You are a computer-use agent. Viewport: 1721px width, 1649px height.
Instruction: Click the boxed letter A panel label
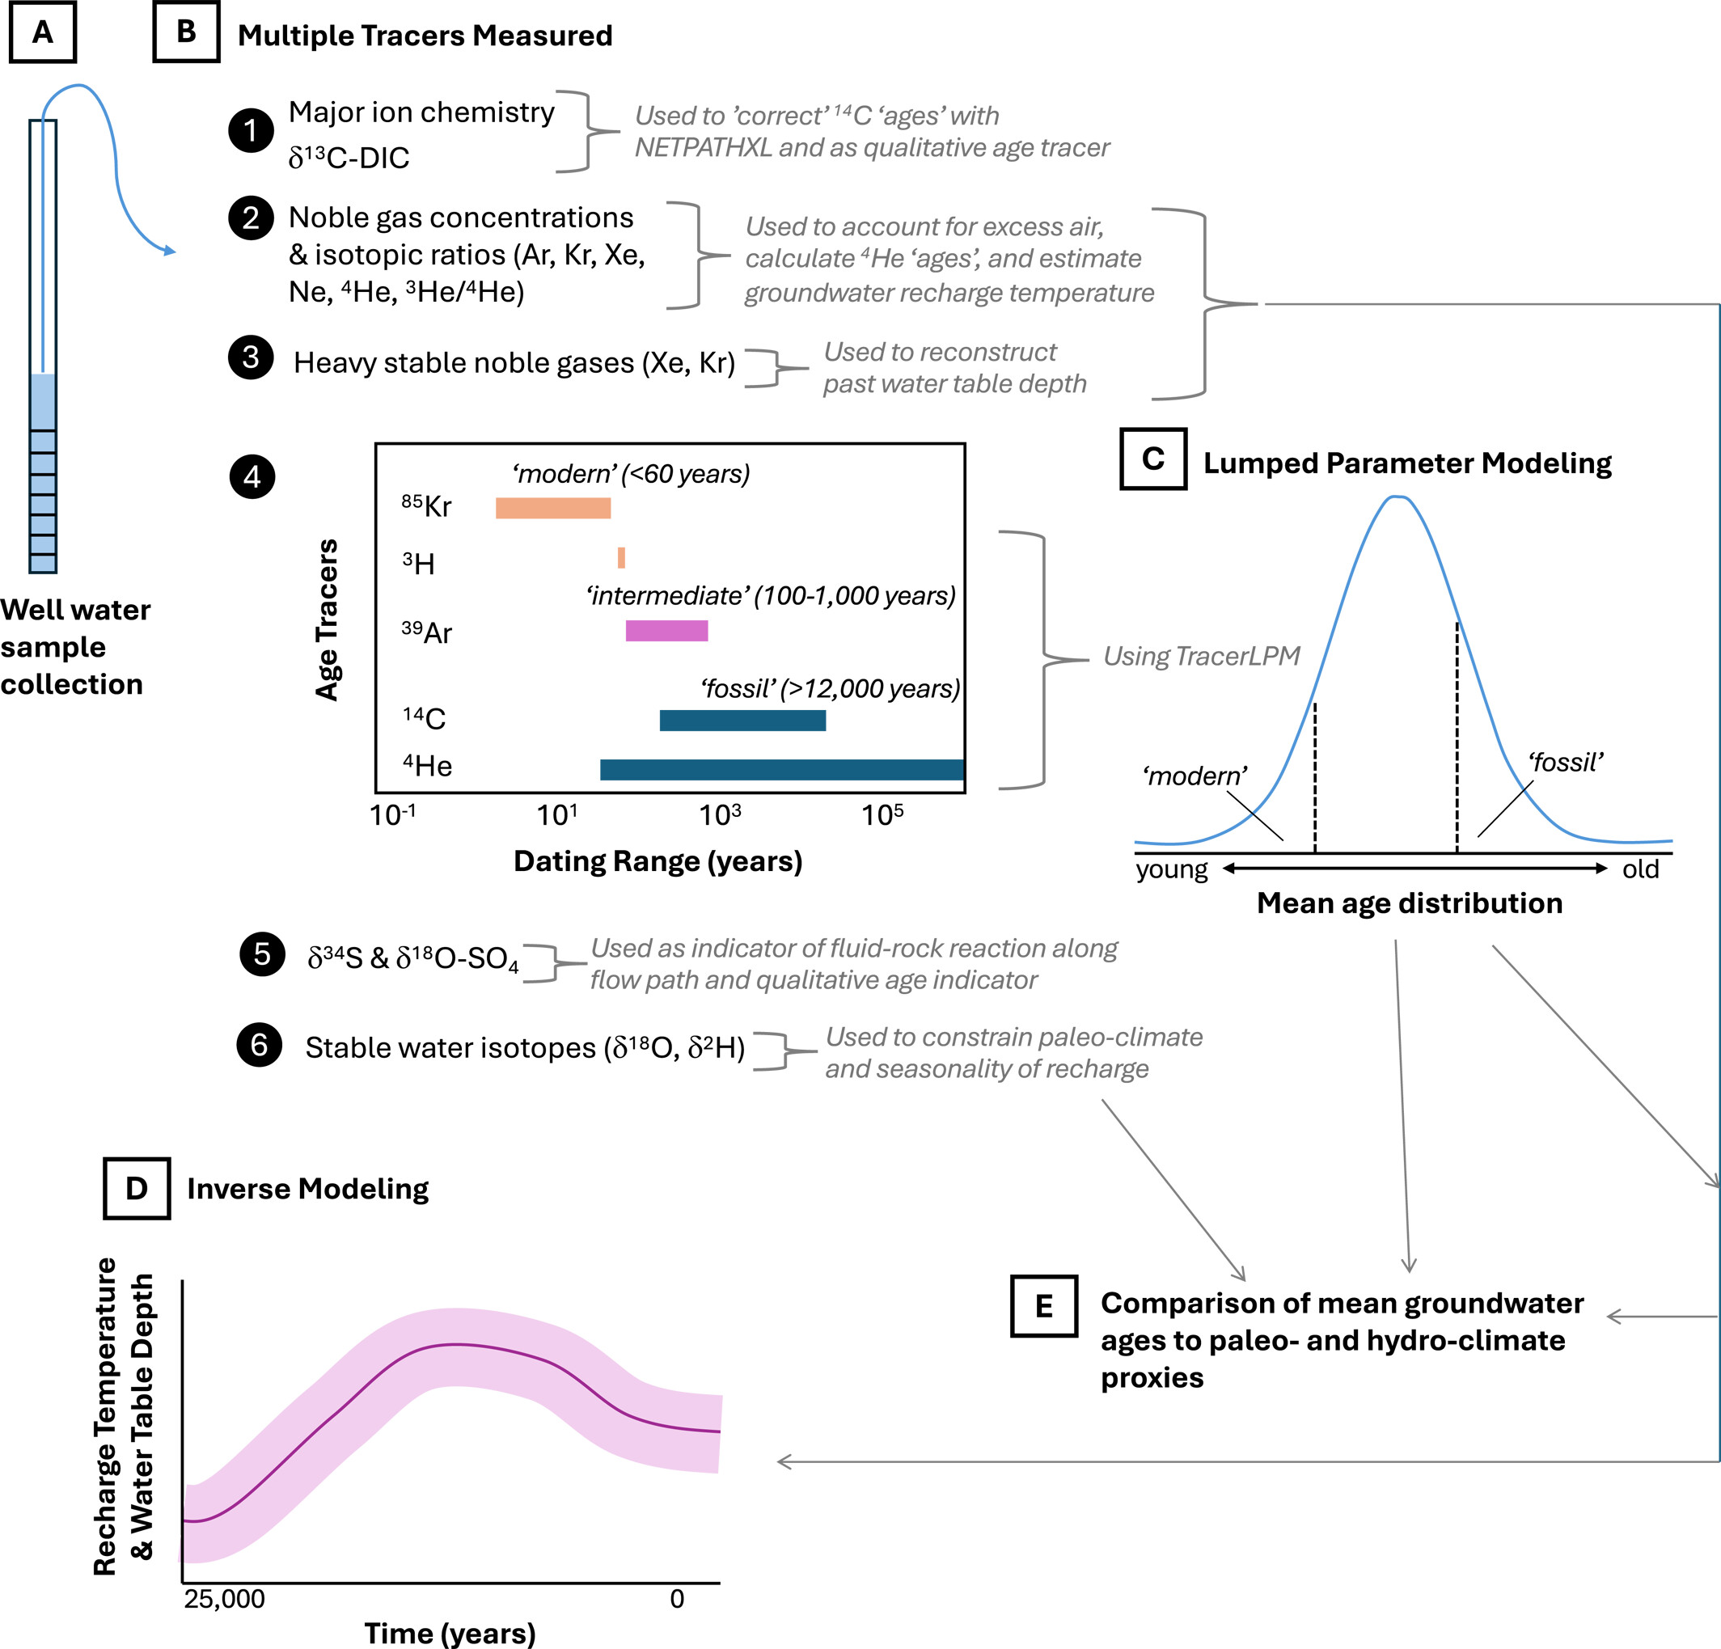(x=42, y=32)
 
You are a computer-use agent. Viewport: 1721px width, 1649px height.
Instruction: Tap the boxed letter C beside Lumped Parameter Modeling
(x=1153, y=459)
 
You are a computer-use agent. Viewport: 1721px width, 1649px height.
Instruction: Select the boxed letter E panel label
(x=1043, y=1305)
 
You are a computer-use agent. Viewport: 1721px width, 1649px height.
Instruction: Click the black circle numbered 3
(x=252, y=357)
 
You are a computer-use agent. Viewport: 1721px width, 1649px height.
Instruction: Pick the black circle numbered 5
(x=262, y=953)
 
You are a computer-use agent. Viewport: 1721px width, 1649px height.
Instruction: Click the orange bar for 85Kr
(x=552, y=508)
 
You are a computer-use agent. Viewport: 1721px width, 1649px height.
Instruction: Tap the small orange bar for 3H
(x=622, y=557)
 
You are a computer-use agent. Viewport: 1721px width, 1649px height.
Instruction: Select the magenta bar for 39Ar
(x=666, y=631)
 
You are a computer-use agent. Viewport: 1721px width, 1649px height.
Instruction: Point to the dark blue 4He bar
(x=781, y=769)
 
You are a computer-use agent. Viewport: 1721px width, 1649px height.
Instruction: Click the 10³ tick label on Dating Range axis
(x=719, y=816)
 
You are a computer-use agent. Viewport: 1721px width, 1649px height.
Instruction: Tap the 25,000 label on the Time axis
(x=224, y=1598)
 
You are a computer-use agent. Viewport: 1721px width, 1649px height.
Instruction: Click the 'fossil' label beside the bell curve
(x=1566, y=762)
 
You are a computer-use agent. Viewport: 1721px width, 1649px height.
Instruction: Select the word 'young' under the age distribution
(x=1171, y=869)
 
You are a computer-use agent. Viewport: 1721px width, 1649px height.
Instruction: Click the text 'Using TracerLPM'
(x=1201, y=656)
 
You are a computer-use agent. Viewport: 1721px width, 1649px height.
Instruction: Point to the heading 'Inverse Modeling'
(x=307, y=1189)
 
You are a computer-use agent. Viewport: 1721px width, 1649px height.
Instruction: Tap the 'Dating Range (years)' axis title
(x=658, y=861)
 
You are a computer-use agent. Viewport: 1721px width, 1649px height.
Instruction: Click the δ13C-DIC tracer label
(x=349, y=158)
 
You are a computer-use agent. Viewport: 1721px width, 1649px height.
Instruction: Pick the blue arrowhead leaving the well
(x=170, y=252)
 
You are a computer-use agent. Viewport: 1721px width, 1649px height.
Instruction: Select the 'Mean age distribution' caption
(x=1410, y=903)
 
